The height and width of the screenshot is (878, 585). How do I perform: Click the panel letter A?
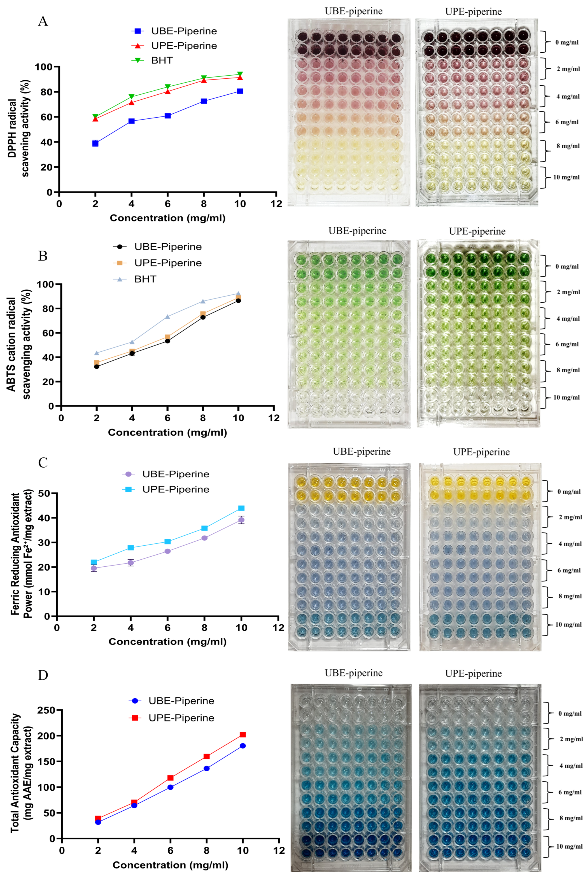[x=43, y=21]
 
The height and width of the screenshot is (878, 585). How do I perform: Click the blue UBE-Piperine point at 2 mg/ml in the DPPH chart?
[x=95, y=143]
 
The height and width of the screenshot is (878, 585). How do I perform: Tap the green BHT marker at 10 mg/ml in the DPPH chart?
[x=240, y=74]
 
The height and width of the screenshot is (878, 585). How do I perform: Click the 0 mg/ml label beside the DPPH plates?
[x=567, y=43]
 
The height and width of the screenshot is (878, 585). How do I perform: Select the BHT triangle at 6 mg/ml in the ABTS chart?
[x=167, y=317]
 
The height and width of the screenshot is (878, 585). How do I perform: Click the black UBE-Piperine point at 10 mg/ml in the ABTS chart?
[x=238, y=301]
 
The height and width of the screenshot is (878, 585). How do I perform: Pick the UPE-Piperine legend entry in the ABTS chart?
[x=168, y=263]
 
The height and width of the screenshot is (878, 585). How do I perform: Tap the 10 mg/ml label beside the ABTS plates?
[x=566, y=398]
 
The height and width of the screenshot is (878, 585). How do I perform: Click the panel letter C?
[x=43, y=463]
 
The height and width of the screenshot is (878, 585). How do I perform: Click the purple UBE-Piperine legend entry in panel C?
[x=175, y=474]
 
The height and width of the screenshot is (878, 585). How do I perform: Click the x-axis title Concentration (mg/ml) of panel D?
[x=170, y=865]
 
